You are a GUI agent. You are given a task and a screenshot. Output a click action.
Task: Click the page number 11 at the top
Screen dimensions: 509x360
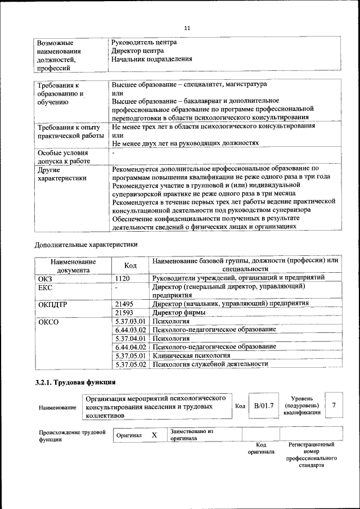pyautogui.click(x=188, y=28)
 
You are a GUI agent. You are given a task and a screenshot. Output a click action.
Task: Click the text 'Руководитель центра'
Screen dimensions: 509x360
pyautogui.click(x=144, y=42)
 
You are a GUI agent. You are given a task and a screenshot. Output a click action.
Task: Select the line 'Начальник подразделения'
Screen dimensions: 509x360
pyautogui.click(x=152, y=58)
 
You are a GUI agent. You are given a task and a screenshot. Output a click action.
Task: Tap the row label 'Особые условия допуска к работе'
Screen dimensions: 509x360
pyautogui.click(x=62, y=157)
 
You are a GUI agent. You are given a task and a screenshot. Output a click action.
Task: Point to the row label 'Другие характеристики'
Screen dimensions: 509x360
pyautogui.click(x=62, y=174)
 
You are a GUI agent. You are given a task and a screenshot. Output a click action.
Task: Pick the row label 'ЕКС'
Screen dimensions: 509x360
pyautogui.click(x=45, y=287)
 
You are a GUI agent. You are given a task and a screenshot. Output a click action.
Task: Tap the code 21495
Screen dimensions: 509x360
pyautogui.click(x=125, y=303)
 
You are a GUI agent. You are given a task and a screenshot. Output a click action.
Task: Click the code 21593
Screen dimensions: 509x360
pyautogui.click(x=125, y=312)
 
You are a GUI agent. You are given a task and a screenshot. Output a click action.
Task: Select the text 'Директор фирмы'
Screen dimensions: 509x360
pyautogui.click(x=179, y=312)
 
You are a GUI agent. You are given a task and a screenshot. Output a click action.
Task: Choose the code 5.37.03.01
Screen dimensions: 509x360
pyautogui.click(x=130, y=321)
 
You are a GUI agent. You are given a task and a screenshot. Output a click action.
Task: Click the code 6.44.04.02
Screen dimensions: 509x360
pyautogui.click(x=130, y=347)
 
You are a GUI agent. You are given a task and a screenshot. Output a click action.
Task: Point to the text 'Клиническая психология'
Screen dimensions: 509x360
pyautogui.click(x=191, y=355)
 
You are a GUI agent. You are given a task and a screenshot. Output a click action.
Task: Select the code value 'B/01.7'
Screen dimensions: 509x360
pyautogui.click(x=263, y=406)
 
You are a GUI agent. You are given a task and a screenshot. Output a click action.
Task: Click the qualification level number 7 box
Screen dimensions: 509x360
pyautogui.click(x=334, y=406)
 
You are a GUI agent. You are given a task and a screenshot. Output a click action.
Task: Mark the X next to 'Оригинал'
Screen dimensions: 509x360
pyautogui.click(x=154, y=435)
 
